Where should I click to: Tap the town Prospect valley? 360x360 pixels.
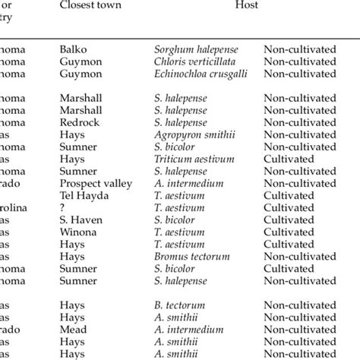[95, 183]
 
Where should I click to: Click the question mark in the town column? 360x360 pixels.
[62, 207]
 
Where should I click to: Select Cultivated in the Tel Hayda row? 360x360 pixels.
[289, 195]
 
